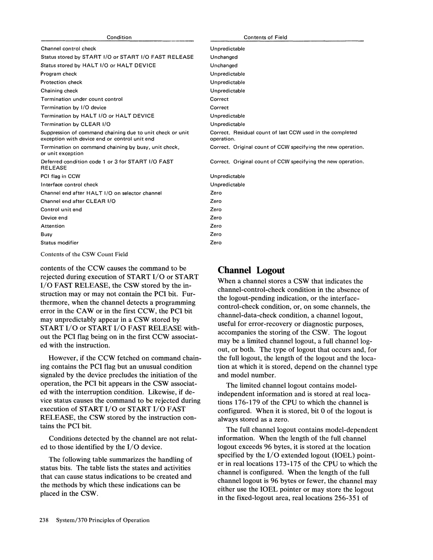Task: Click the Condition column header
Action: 119,37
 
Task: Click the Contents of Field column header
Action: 265,37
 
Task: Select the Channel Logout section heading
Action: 251,270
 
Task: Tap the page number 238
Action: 44,520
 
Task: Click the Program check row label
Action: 58,74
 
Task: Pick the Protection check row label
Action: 61,82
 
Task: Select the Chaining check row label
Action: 59,91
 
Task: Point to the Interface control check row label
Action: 69,185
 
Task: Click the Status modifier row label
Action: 59,243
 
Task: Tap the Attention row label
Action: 53,226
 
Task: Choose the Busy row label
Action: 46,234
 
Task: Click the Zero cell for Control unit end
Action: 216,210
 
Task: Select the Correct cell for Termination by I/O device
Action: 219,107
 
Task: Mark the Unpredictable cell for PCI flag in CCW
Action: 227,176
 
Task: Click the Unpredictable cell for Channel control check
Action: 227,49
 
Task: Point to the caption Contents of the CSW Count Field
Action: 84,254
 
